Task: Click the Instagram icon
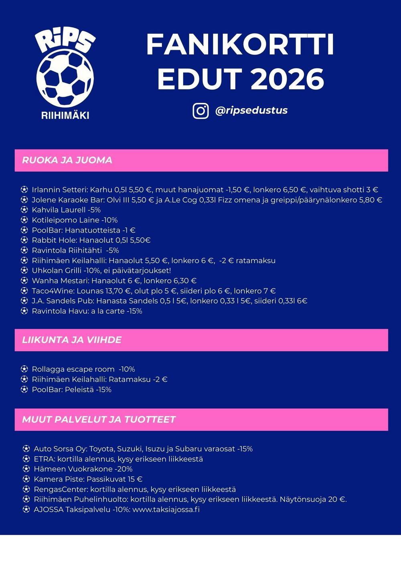(x=200, y=111)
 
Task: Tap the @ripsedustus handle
(x=251, y=111)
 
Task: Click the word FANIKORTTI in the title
(x=240, y=45)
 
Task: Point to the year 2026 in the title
(x=287, y=79)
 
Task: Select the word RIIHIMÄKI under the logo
(x=65, y=115)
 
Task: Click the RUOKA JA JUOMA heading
(x=67, y=160)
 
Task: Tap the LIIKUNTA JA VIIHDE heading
(x=72, y=340)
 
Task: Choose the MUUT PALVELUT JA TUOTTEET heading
(x=99, y=419)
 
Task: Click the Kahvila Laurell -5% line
(x=66, y=210)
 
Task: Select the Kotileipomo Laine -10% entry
(x=75, y=220)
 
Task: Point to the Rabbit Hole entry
(x=91, y=240)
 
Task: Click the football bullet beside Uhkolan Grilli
(x=24, y=271)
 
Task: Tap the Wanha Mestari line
(x=114, y=281)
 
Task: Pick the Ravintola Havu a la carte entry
(x=87, y=311)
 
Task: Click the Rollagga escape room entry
(x=83, y=369)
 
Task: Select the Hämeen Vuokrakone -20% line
(x=83, y=469)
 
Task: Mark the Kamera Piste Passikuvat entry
(x=88, y=479)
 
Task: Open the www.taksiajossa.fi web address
(x=166, y=510)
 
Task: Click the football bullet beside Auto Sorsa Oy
(x=26, y=449)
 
